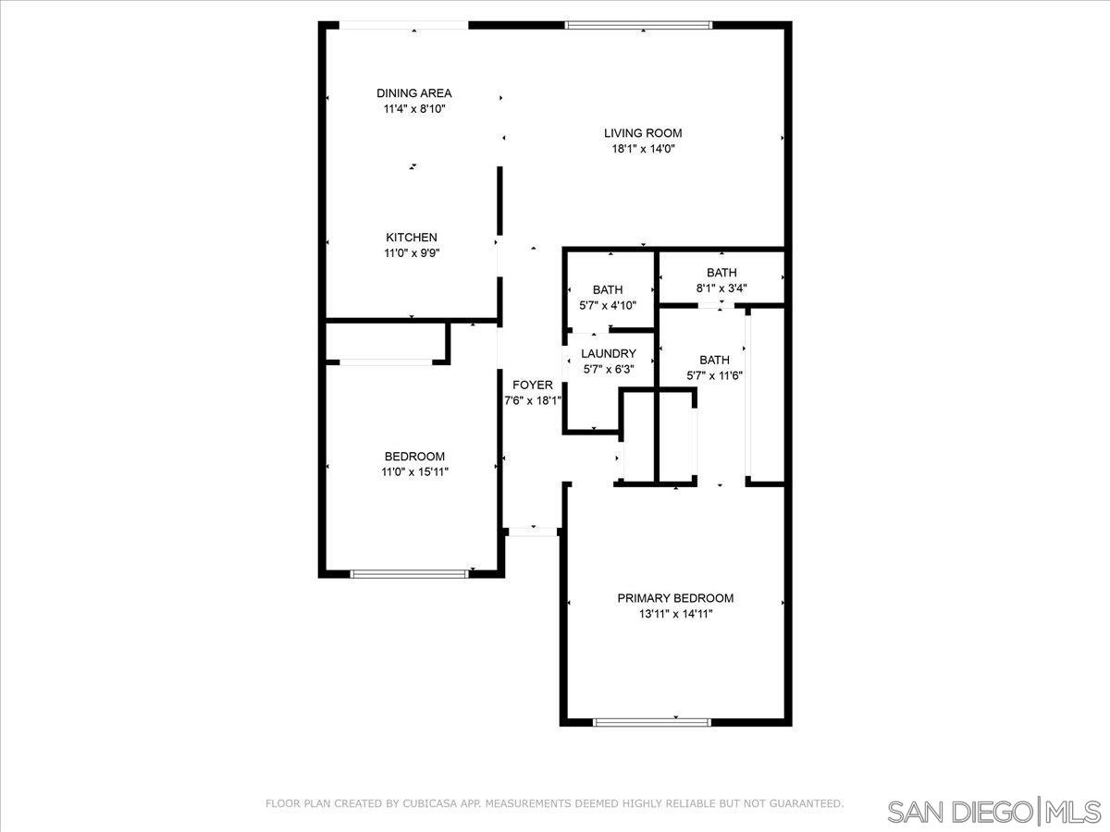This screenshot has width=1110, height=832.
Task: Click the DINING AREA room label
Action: tap(413, 93)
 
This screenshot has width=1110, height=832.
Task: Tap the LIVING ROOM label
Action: tap(643, 133)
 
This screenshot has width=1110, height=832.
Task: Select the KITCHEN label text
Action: tap(411, 237)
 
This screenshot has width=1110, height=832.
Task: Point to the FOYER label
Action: tap(532, 385)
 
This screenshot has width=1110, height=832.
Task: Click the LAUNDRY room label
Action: tap(609, 354)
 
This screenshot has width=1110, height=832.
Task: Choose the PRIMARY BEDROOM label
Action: tap(675, 598)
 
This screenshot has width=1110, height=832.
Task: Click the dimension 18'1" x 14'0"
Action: tap(643, 149)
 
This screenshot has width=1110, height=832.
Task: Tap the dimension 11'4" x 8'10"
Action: tap(413, 109)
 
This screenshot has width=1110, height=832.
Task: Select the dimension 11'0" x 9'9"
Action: tap(411, 253)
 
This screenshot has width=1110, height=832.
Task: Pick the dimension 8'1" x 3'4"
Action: tap(721, 288)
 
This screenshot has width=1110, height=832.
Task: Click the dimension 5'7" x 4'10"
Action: tap(608, 306)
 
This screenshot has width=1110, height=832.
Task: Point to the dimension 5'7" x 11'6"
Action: tap(714, 376)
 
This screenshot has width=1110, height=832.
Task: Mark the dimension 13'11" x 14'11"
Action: tap(675, 614)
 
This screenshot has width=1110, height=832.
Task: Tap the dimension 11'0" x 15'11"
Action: tap(414, 472)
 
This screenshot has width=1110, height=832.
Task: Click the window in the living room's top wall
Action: tap(638, 25)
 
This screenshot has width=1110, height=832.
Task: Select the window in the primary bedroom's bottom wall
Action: tap(652, 722)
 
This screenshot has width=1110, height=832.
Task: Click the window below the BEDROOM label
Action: tap(409, 574)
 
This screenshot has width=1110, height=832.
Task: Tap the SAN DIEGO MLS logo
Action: tap(993, 812)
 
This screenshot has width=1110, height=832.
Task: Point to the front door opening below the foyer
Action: tap(533, 532)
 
